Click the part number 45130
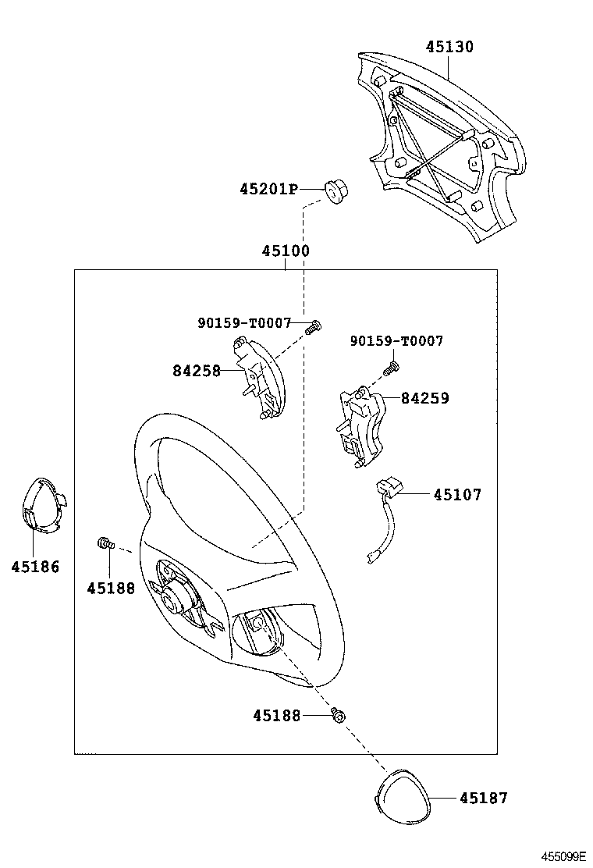449,47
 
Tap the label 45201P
269,190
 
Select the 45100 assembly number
286,251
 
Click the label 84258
197,370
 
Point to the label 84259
424,398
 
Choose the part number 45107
457,494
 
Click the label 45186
35,566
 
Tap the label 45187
484,798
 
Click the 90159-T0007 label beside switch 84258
244,322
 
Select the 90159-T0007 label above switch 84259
396,341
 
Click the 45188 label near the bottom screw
276,716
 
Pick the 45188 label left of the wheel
111,589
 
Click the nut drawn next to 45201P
336,191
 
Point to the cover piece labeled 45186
44,505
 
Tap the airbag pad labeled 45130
442,145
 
